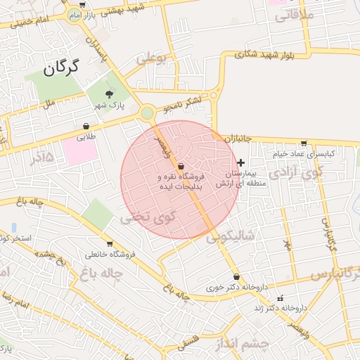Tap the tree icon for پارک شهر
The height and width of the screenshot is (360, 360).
pos(109,94)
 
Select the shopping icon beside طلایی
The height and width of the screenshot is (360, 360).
pos(86,127)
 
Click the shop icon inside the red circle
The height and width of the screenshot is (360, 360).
pos(181,165)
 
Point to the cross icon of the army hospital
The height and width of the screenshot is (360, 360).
pos(240,162)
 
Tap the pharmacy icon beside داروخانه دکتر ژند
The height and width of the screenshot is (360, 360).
pos(281,297)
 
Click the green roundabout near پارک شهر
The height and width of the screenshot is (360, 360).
pos(146,113)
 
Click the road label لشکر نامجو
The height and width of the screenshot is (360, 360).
pos(182,105)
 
